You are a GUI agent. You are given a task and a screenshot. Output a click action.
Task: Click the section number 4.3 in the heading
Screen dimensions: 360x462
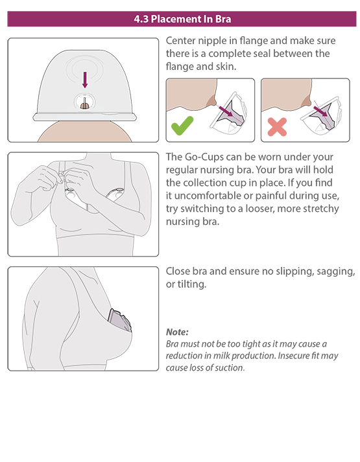[x=141, y=19]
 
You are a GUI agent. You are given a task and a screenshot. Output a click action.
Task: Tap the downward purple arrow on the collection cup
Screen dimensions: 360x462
[x=85, y=80]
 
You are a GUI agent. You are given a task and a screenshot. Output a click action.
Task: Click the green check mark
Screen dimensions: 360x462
[x=182, y=126]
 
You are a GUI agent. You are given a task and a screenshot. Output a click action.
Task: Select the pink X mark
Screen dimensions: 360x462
[x=277, y=127]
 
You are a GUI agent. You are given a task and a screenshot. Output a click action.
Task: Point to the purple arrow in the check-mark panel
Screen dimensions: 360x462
[x=226, y=111]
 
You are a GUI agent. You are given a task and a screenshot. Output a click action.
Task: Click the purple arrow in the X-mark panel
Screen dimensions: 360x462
[x=320, y=111]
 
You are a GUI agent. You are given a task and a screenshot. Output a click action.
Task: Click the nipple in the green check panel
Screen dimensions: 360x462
[x=212, y=100]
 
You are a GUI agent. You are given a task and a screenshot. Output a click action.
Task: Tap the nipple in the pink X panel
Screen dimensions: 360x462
[x=307, y=100]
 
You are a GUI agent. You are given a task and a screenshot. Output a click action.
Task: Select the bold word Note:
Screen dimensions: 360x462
[x=177, y=332]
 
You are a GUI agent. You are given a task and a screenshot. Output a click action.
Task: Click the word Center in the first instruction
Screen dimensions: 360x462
[x=180, y=41]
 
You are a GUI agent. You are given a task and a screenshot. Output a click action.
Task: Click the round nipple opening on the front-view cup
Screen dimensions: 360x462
[x=84, y=102]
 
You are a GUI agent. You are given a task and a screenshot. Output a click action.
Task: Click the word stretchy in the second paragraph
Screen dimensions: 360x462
[x=321, y=209]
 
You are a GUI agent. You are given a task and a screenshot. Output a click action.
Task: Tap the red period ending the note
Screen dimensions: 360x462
[x=244, y=371]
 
